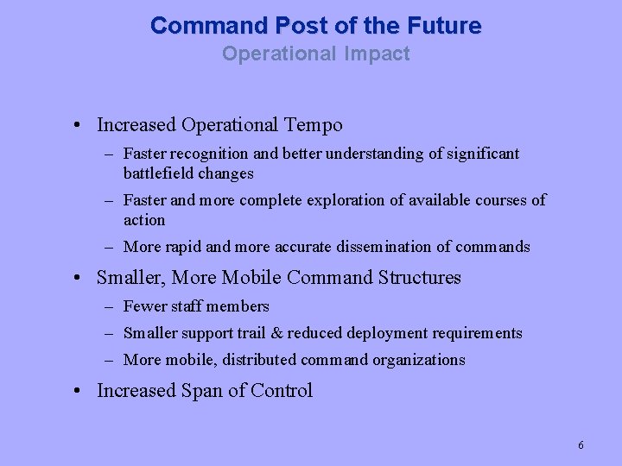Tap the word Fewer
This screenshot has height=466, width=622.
tap(145, 306)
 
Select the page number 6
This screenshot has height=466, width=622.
tap(581, 445)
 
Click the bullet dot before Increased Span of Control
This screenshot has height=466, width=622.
tap(78, 392)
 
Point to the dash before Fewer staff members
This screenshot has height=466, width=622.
tap(110, 306)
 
